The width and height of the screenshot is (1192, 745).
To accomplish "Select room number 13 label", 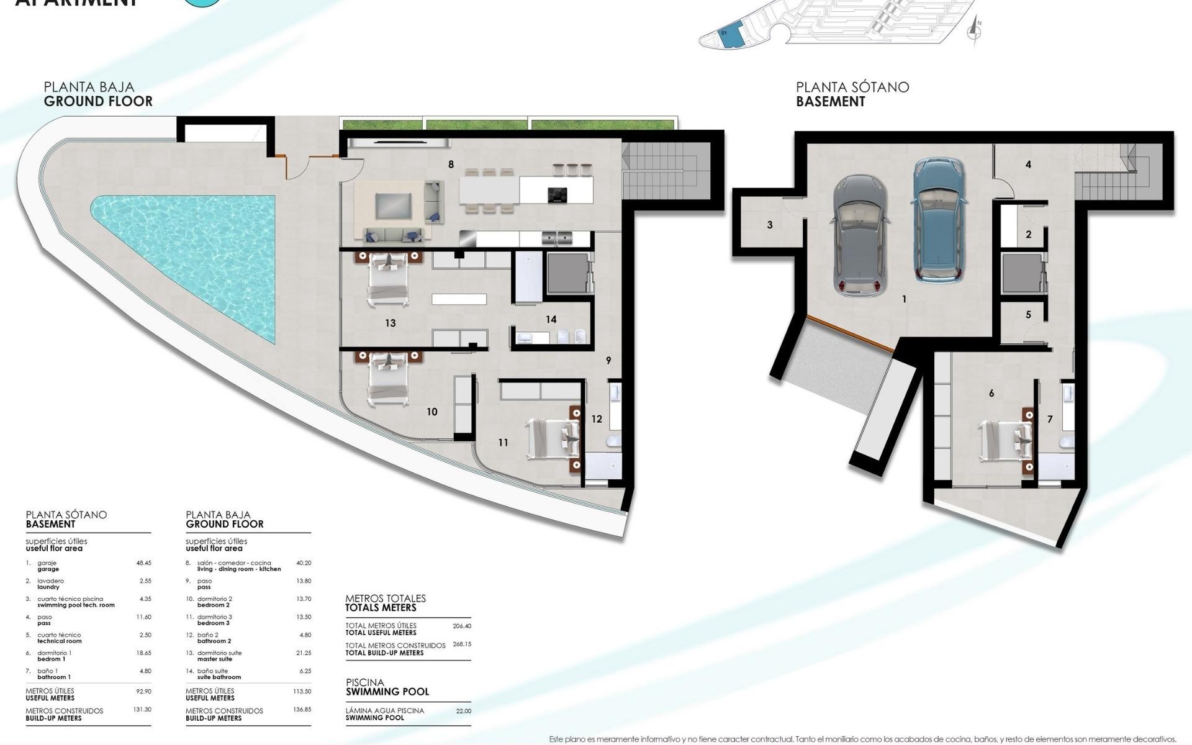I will pos(390,323).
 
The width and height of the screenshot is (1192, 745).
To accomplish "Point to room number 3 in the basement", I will pos(770,225).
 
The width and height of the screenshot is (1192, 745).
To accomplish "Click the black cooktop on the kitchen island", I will pos(557,195).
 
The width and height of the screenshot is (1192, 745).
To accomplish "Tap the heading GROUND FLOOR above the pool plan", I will pos(98,101).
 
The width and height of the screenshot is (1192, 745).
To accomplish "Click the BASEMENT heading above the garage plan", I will pos(830,102).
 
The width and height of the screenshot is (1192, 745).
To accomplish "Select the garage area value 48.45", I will pos(143,563).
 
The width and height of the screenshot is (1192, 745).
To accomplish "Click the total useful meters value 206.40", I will pos(462,626).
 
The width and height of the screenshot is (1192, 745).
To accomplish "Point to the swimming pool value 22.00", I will pos(463,711).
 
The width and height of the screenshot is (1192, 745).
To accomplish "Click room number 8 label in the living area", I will pos(451,165).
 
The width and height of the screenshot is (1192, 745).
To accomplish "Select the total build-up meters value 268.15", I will pos(462,644).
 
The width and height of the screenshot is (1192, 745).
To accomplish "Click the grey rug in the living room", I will pos(394,205).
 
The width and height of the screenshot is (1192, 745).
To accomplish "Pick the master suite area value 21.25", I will pos(304,653).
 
